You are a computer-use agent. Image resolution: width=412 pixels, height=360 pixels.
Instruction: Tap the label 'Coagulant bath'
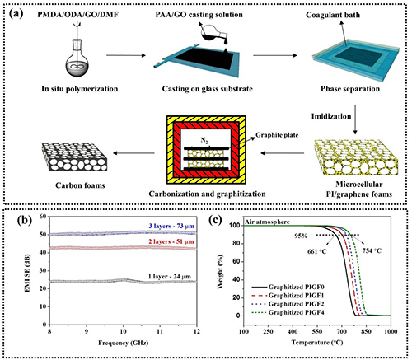tap(333, 15)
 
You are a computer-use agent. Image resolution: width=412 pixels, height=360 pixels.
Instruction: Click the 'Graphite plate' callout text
tap(277, 135)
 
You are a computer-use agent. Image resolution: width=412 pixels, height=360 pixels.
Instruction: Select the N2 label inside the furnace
tap(204, 140)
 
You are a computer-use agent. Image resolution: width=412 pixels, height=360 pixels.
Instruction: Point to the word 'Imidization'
tap(331, 116)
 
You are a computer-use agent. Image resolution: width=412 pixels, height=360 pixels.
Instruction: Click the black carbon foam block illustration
tap(74, 157)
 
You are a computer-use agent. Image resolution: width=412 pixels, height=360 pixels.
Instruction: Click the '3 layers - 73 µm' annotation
tap(171, 227)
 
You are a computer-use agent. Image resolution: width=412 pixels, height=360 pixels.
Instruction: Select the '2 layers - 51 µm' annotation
tap(171, 241)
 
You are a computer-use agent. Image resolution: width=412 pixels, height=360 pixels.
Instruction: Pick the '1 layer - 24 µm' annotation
tap(170, 277)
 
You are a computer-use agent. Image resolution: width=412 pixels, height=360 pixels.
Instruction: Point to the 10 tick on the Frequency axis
tap(123, 331)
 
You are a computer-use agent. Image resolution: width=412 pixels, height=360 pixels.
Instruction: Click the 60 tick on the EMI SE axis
tap(43, 217)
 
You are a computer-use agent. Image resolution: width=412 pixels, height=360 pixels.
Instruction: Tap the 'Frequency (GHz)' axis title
tap(123, 343)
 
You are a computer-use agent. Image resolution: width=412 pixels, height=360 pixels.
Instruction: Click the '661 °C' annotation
tap(317, 251)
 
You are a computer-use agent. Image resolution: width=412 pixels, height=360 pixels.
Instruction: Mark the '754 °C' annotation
tap(372, 250)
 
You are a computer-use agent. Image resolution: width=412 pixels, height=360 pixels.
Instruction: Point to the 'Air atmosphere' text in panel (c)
tap(267, 222)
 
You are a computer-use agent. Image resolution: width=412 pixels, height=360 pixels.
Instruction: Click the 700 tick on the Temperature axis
tap(342, 331)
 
